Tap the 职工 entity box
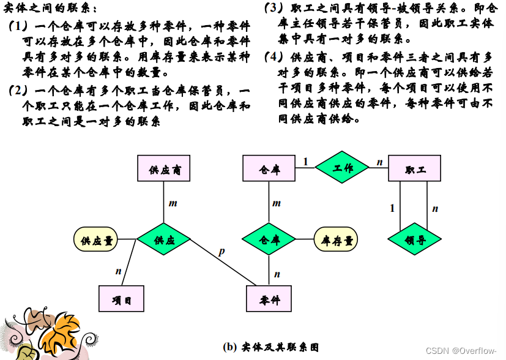pos(415,168)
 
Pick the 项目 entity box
pos(122,299)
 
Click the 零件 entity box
pos(269,299)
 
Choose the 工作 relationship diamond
pos(343,167)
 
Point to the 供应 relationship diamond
pos(163,239)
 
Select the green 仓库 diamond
pos(269,239)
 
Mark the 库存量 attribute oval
pos(337,239)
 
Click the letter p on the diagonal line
pos(221,252)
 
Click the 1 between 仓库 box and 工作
pos(305,162)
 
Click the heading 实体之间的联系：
pos(50,9)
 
